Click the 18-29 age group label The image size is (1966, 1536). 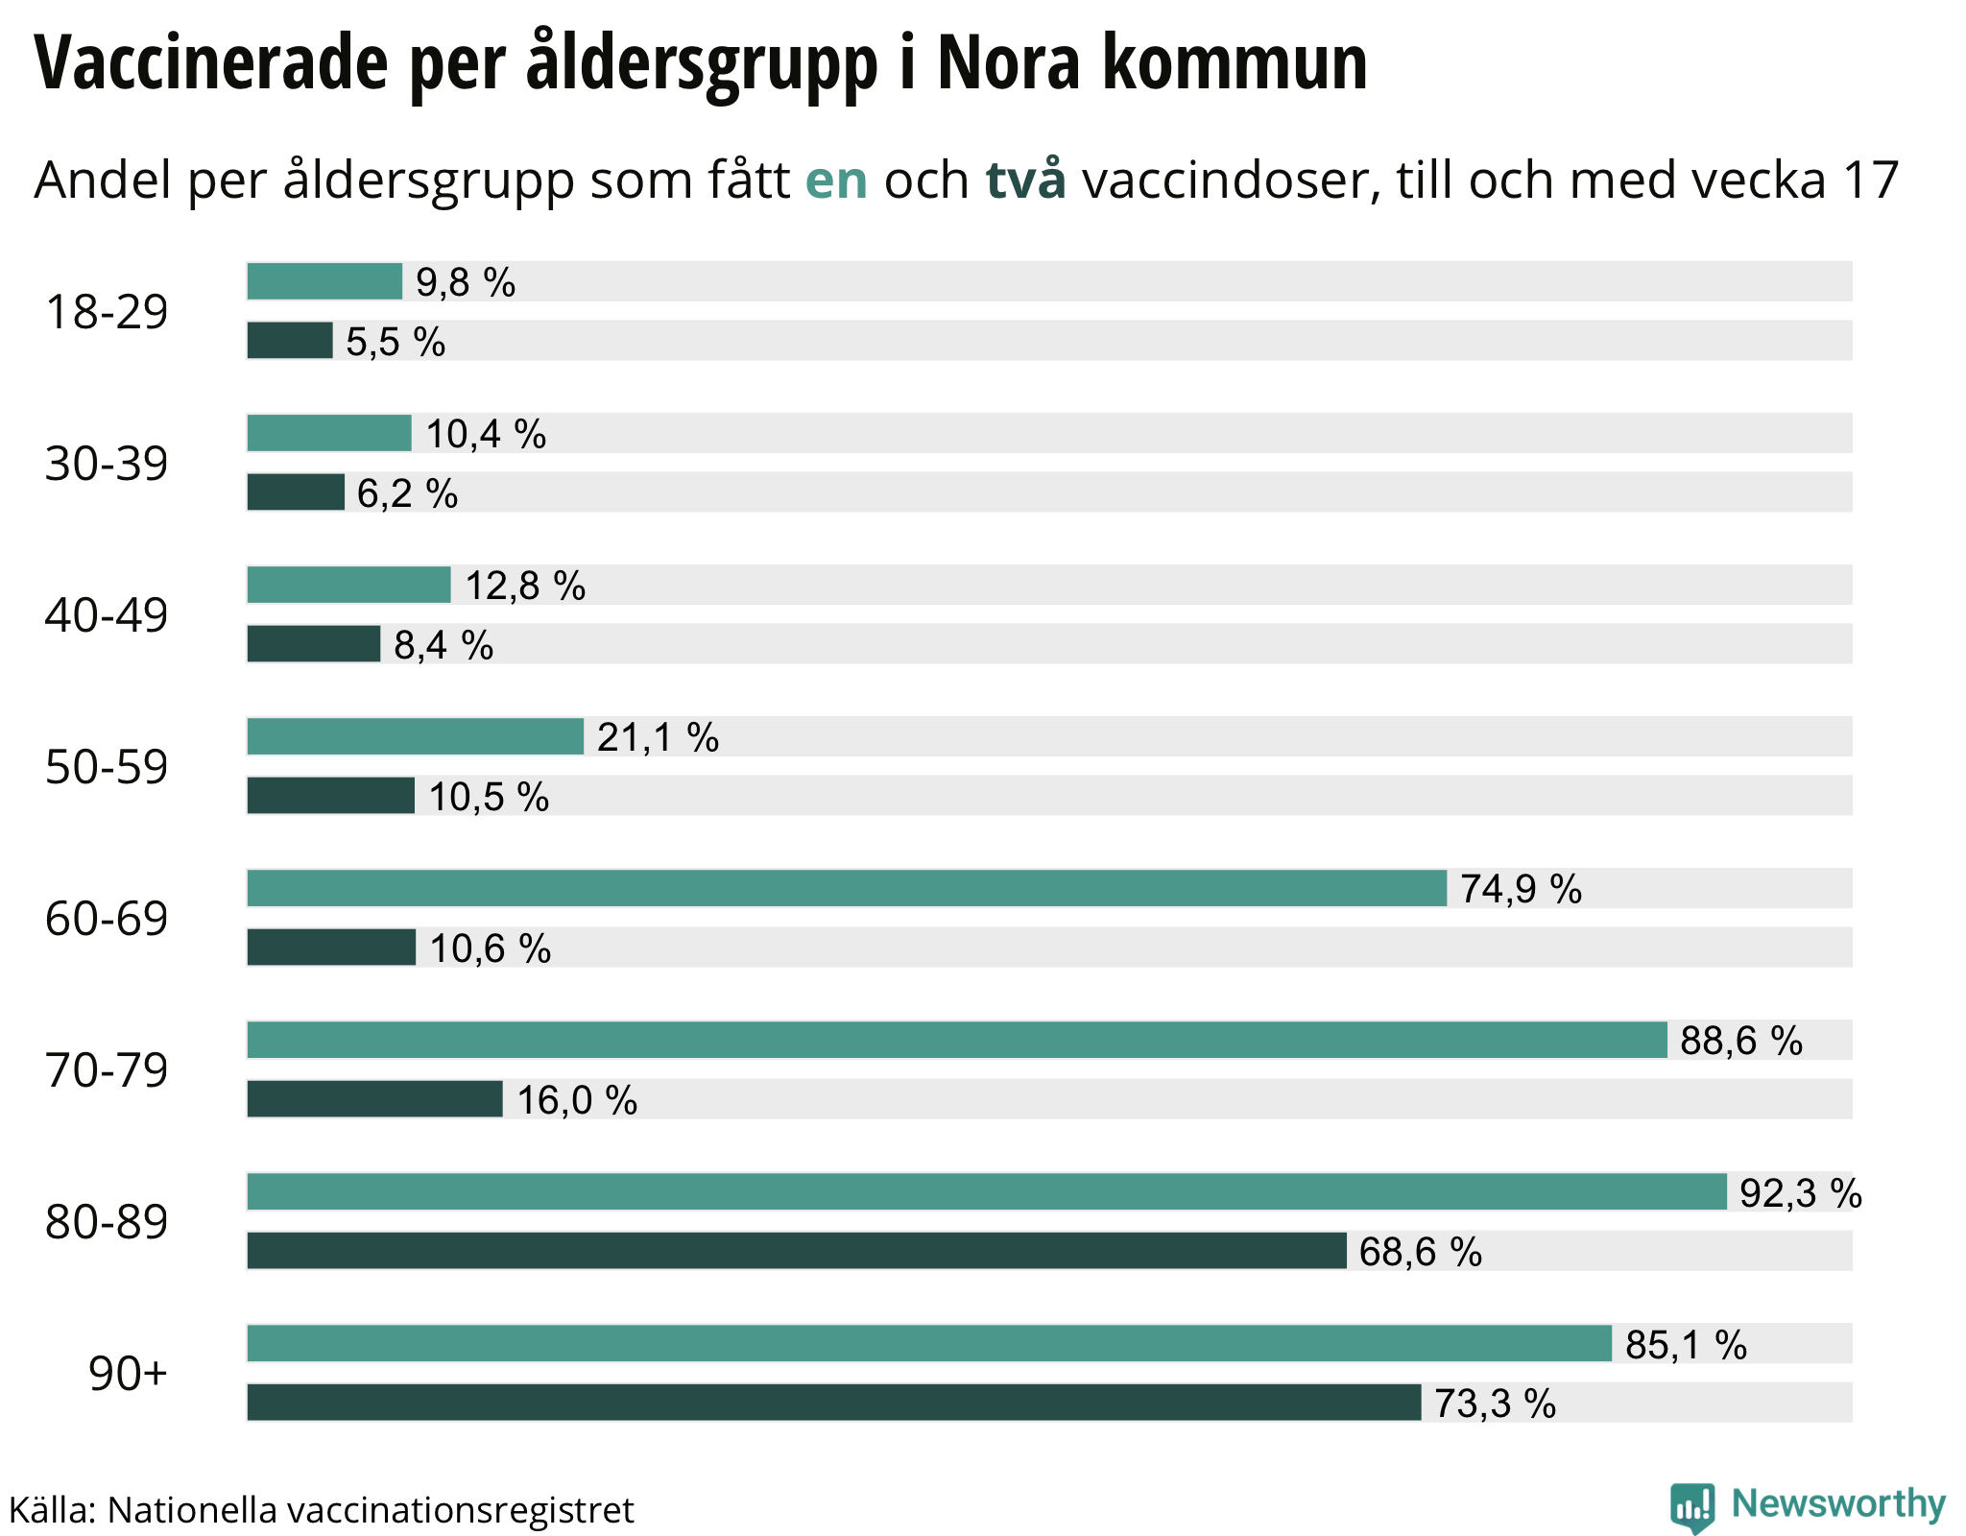(x=107, y=312)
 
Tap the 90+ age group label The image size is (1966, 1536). (x=128, y=1374)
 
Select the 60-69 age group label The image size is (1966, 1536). (x=107, y=919)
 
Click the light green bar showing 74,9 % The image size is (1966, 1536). (x=846, y=888)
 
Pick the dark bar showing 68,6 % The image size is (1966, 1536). (x=796, y=1251)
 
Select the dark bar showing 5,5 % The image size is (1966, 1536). (x=289, y=341)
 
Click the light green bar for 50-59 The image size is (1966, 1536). (x=415, y=736)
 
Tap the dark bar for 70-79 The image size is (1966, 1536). (x=374, y=1099)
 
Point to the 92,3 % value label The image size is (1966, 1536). (x=1801, y=1193)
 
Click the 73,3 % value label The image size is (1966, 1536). (x=1495, y=1404)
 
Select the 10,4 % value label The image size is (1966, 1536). (x=486, y=434)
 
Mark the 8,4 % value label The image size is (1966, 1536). (x=444, y=645)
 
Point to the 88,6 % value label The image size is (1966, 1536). (x=1741, y=1041)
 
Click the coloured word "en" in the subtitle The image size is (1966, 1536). (x=836, y=180)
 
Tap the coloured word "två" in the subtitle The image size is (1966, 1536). (x=1025, y=180)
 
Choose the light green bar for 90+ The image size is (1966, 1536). (x=928, y=1343)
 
